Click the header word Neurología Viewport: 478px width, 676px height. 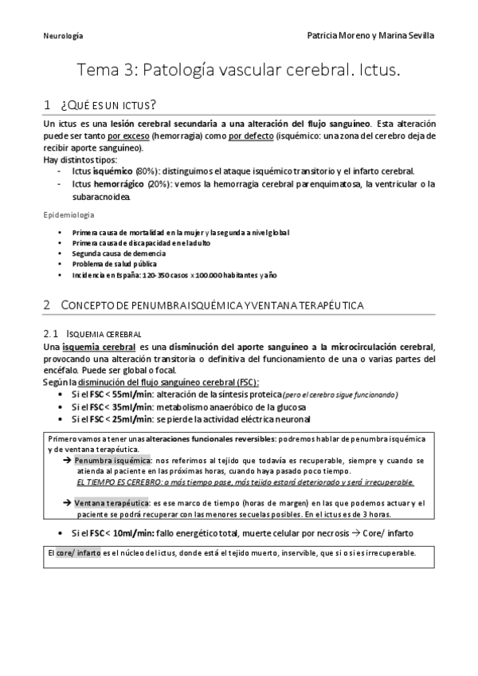[63, 36]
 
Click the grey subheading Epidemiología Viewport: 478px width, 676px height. [69, 215]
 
